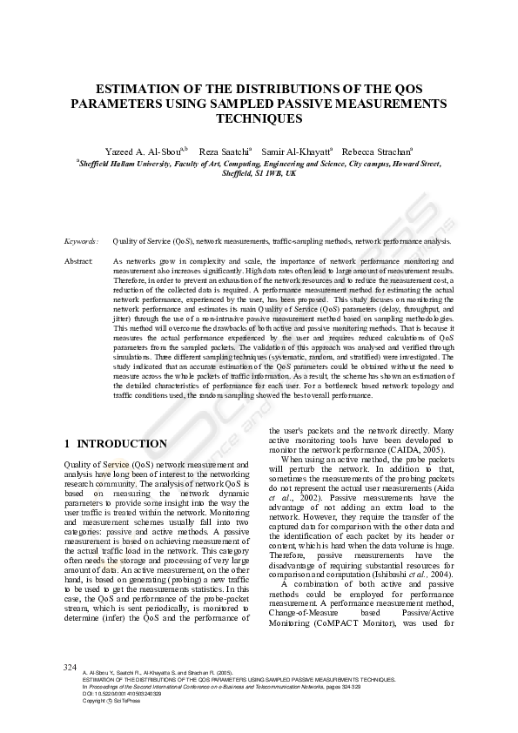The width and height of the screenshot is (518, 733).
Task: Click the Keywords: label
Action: tap(82, 240)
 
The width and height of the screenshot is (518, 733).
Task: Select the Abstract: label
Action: tap(81, 261)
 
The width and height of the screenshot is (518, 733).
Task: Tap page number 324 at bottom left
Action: tap(71, 667)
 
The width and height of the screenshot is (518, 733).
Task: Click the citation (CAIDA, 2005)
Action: tap(413, 450)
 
